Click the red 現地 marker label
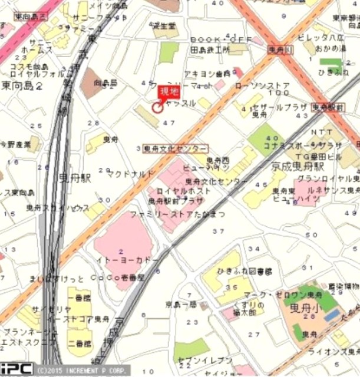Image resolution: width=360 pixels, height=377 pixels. click(167, 92)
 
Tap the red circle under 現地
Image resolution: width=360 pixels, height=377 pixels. click(158, 107)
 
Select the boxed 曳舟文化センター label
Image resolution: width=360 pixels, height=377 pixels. click(175, 148)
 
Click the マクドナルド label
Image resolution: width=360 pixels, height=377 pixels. click(131, 174)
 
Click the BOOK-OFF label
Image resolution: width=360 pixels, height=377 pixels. click(221, 39)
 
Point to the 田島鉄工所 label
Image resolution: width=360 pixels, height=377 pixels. click(210, 51)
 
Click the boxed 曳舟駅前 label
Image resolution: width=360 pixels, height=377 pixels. click(327, 107)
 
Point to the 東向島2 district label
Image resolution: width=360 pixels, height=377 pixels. click(22, 86)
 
